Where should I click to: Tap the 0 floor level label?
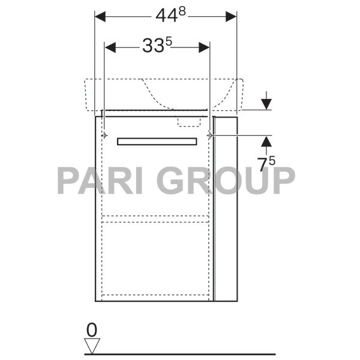[91, 329]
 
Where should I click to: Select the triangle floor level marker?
[91, 345]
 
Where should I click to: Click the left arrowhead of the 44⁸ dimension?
[100, 17]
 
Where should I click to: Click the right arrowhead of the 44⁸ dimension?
[232, 17]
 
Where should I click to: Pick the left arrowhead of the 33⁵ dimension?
[110, 47]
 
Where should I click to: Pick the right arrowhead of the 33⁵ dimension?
[204, 47]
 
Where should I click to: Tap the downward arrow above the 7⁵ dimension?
[266, 103]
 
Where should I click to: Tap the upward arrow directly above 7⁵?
[266, 142]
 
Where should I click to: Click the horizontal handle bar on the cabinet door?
[157, 142]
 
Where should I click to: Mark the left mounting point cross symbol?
[104, 136]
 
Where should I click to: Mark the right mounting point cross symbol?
[209, 136]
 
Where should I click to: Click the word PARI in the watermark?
[99, 181]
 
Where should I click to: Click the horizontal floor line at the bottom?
[180, 354]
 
